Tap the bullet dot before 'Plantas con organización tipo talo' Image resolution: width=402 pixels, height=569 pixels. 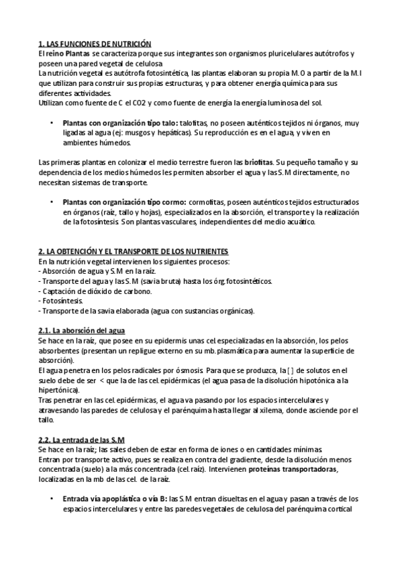(x=51, y=123)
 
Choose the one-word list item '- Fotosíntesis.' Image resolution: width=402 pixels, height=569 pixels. (x=61, y=301)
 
